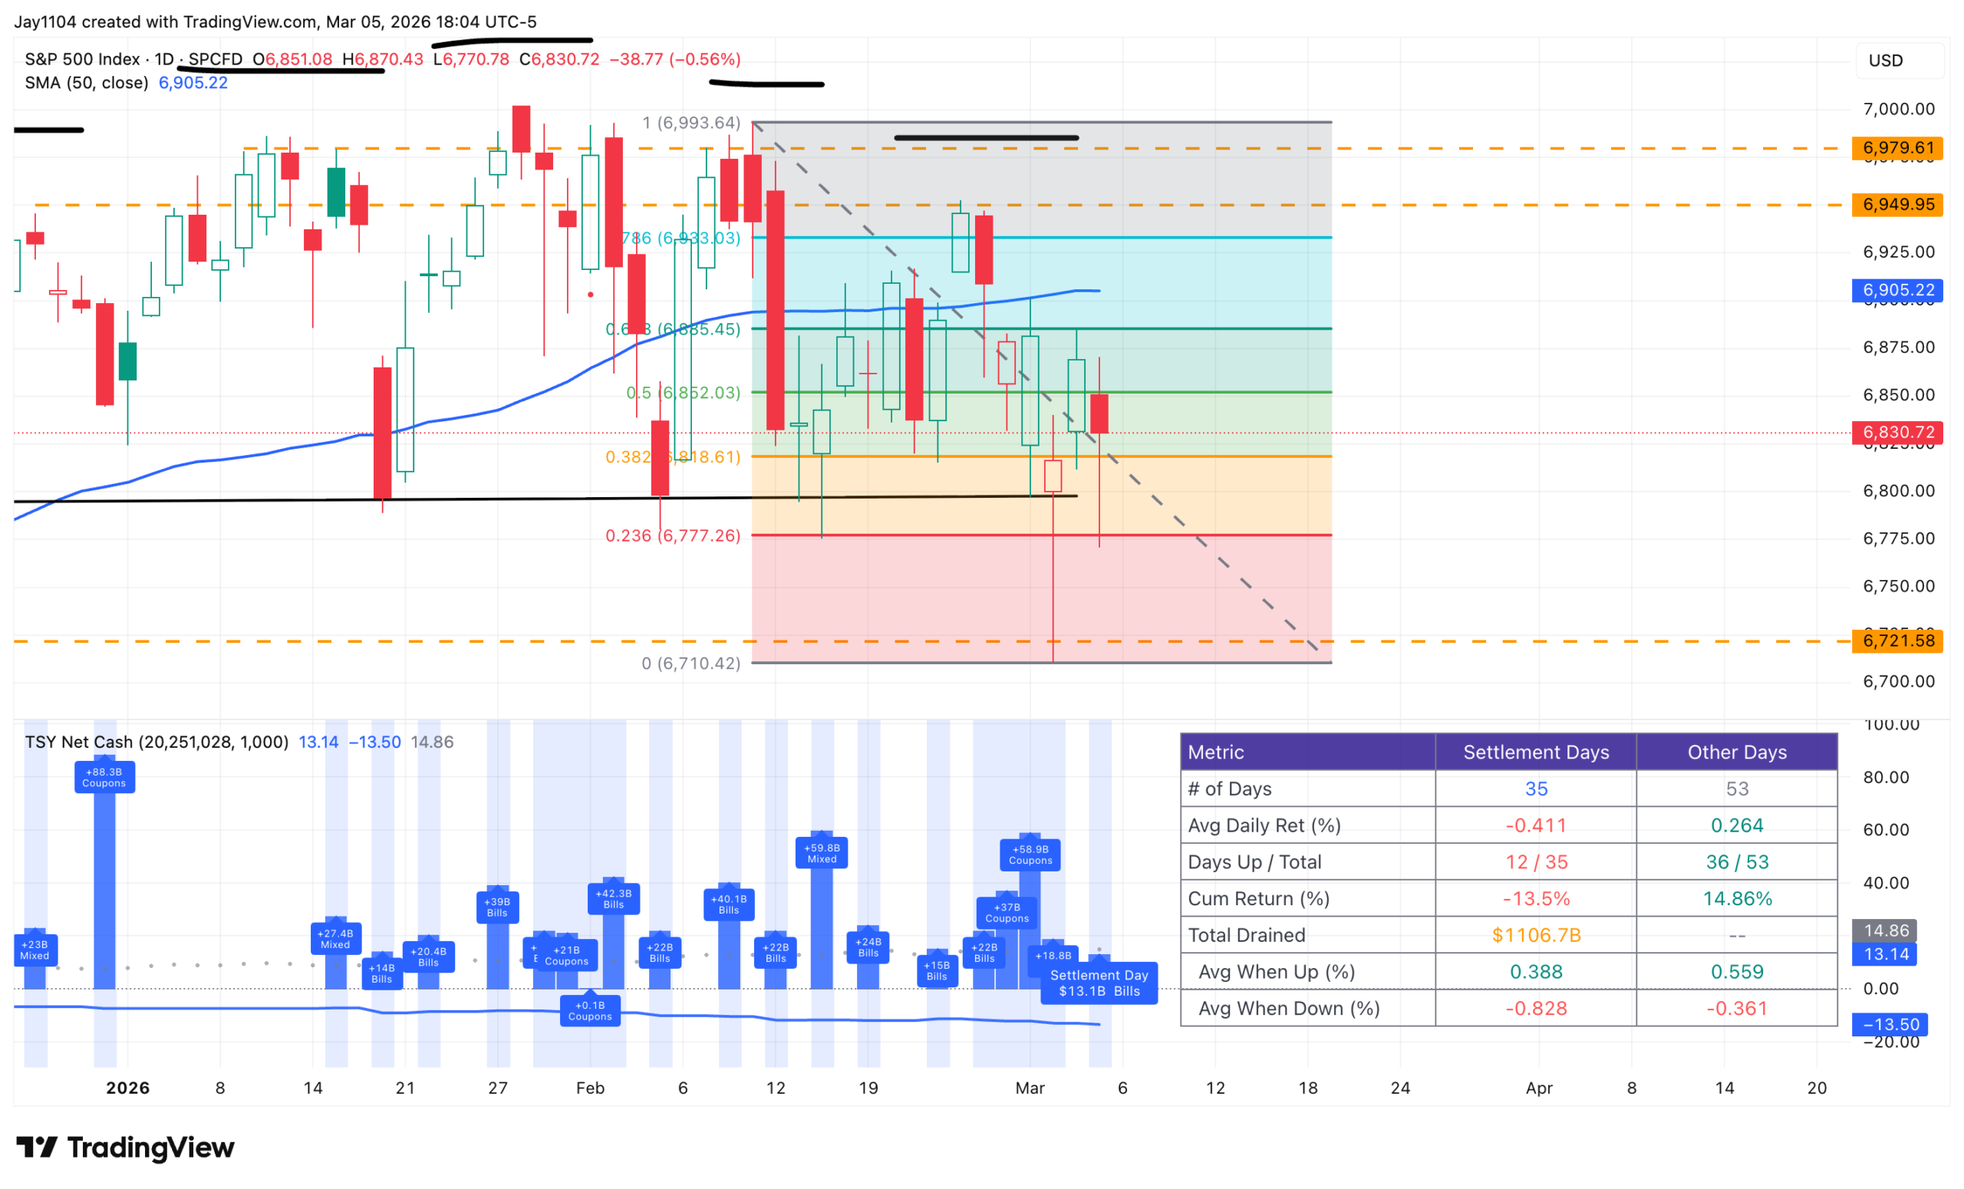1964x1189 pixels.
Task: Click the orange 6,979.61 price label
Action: click(1898, 147)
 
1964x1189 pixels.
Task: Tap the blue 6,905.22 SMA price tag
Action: click(1898, 290)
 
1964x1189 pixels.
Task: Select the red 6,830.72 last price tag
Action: click(1898, 432)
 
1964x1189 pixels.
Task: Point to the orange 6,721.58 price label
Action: click(1898, 640)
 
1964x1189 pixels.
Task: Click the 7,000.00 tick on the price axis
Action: click(1898, 109)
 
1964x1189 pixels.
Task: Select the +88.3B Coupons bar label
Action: click(104, 777)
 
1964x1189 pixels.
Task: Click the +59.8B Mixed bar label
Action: click(822, 853)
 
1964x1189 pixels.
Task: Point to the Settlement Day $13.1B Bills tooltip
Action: click(1099, 983)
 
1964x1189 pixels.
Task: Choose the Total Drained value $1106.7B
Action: click(1536, 935)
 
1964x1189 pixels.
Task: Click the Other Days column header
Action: click(1737, 752)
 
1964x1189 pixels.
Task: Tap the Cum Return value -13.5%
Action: click(1536, 898)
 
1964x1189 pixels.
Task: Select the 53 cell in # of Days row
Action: click(1737, 788)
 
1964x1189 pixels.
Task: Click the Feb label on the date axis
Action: click(590, 1088)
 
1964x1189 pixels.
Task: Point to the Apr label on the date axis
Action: click(1538, 1088)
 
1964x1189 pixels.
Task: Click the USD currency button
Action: click(1886, 61)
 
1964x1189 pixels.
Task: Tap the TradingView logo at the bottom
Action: click(126, 1148)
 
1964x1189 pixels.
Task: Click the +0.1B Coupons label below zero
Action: click(590, 1010)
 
